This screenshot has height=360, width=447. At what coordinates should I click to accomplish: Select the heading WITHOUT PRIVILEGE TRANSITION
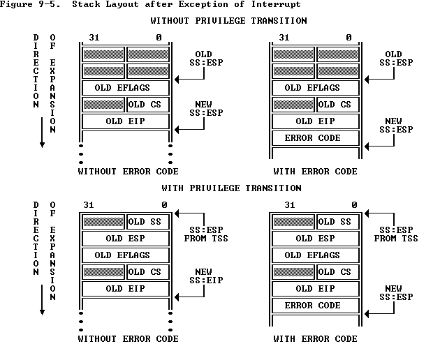coord(228,21)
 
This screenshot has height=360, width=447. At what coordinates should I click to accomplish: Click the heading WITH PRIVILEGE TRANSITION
coord(231,188)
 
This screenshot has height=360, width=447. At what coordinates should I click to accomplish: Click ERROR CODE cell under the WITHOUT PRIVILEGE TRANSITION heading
coord(315,137)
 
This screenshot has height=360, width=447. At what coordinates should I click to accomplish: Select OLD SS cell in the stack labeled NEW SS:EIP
coord(147,221)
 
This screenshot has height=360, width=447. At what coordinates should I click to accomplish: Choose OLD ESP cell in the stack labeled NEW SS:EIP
coord(126,238)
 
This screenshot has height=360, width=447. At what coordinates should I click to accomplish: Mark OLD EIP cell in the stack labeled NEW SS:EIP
coord(126,288)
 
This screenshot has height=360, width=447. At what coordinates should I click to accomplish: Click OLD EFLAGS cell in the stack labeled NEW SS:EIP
coord(126,255)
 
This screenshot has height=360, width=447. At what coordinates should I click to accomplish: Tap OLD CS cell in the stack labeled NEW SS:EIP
coord(147,271)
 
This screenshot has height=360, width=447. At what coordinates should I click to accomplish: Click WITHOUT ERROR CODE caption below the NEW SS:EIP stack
coord(128,339)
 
